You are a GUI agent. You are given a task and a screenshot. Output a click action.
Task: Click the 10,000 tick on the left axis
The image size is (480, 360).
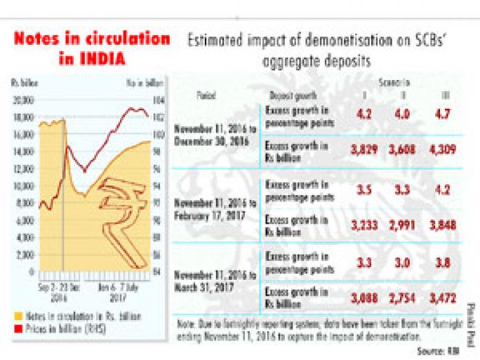click(x=23, y=186)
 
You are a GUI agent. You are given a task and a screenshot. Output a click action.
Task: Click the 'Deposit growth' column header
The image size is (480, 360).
click(x=288, y=95)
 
